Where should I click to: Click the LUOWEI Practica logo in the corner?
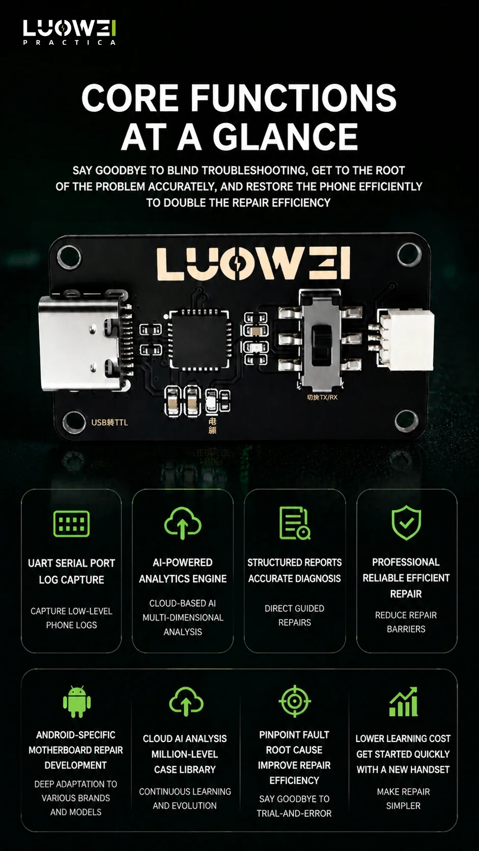(x=70, y=32)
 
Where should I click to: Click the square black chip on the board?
(x=199, y=339)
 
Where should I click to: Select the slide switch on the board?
(x=321, y=339)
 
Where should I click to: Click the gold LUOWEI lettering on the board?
(x=252, y=264)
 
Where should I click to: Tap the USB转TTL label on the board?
(x=109, y=422)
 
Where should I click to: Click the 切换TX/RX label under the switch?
(x=322, y=398)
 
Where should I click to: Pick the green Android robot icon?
(x=77, y=702)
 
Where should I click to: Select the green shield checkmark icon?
(x=406, y=522)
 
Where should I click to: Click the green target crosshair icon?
(x=294, y=701)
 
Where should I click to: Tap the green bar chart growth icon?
(x=403, y=701)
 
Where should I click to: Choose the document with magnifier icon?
(x=294, y=523)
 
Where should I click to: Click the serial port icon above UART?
(x=71, y=524)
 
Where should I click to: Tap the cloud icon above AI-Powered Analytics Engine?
(x=183, y=523)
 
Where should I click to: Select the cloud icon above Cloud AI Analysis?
(x=186, y=702)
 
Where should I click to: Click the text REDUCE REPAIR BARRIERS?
(x=406, y=622)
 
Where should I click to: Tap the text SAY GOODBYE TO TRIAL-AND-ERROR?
(x=294, y=806)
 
